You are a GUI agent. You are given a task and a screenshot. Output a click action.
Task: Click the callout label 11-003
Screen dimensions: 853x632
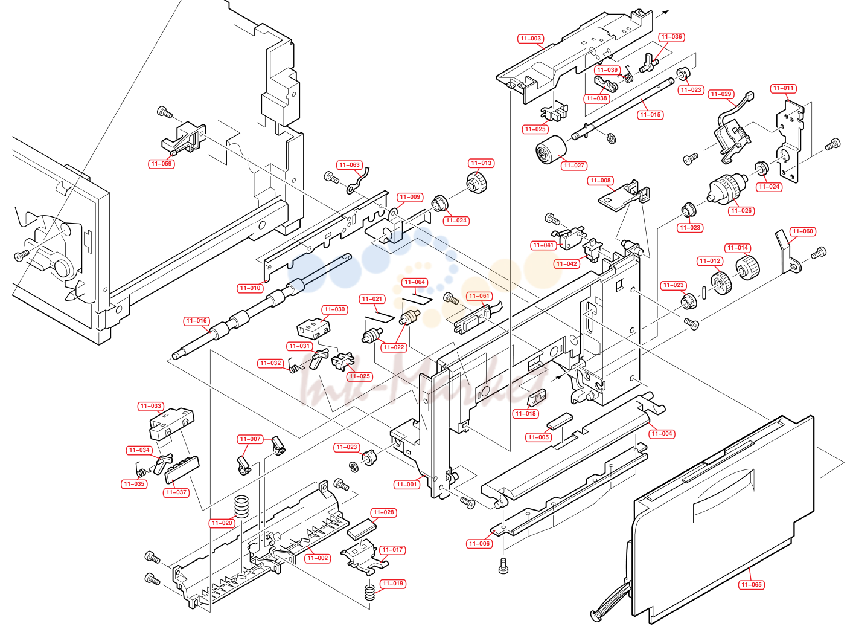(531, 39)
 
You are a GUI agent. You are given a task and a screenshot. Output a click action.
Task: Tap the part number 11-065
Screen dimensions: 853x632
(752, 585)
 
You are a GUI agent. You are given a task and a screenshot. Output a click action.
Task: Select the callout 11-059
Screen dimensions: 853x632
(162, 164)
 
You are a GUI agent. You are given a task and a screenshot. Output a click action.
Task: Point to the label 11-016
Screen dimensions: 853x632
(197, 321)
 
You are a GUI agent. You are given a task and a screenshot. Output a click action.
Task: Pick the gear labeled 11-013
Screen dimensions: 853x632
(477, 182)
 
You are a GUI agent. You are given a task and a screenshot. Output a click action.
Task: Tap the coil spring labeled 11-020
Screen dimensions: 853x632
(241, 506)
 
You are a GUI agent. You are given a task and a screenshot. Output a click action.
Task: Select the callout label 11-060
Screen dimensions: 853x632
(803, 231)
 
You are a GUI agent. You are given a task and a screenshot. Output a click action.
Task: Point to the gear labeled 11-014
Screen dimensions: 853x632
(747, 268)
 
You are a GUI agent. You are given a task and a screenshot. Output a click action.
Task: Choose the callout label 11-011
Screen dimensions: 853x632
(784, 88)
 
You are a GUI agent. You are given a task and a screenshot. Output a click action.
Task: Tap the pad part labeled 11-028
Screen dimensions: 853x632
(362, 529)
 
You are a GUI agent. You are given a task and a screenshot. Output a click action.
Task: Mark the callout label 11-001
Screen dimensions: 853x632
(406, 484)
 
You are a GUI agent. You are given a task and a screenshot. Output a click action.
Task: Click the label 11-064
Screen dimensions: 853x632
(415, 282)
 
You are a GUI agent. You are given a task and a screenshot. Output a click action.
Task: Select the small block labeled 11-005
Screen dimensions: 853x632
(560, 421)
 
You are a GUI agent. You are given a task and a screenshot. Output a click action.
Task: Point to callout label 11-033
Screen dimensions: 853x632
(151, 406)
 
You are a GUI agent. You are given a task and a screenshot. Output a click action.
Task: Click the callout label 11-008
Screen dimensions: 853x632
(600, 181)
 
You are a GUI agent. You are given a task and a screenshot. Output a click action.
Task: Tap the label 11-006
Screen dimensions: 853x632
(479, 543)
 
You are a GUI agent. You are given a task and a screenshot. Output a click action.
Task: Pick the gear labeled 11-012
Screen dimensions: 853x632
(721, 283)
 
